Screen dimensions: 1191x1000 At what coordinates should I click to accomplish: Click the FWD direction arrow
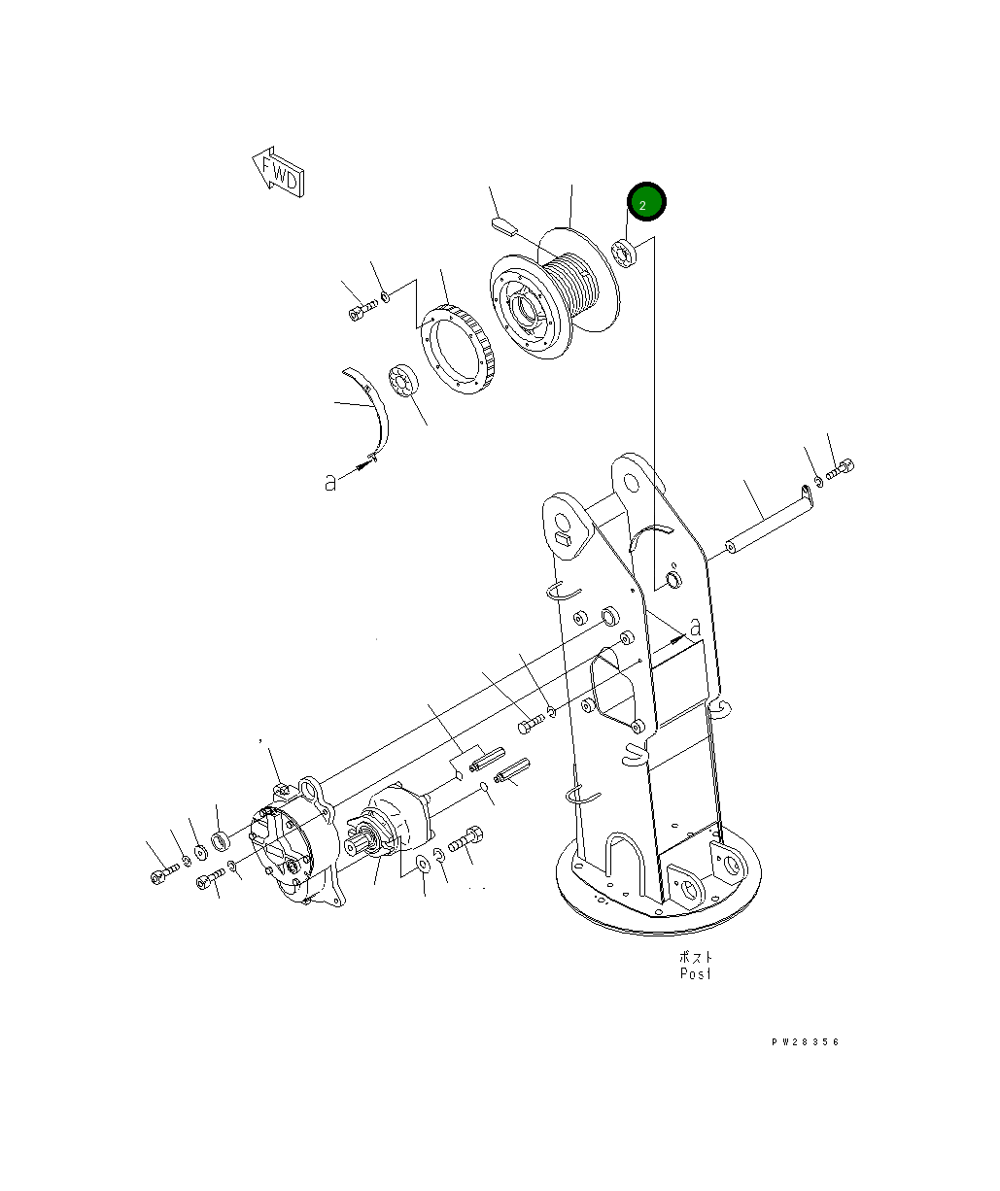pyautogui.click(x=278, y=172)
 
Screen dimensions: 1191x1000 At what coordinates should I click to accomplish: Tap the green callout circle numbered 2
pyautogui.click(x=646, y=203)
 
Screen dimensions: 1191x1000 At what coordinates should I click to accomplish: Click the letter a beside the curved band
pyautogui.click(x=330, y=482)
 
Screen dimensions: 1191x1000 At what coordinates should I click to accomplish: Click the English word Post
pyautogui.click(x=695, y=972)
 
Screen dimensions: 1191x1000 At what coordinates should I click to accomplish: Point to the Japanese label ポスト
pyautogui.click(x=695, y=956)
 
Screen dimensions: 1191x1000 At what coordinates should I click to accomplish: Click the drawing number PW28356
pyautogui.click(x=805, y=1042)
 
